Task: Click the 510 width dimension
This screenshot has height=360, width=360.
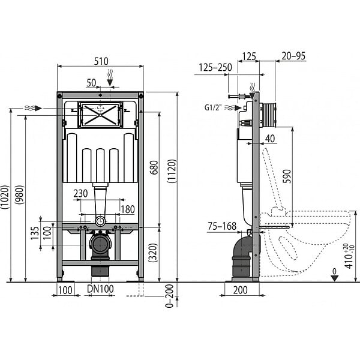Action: click(101, 61)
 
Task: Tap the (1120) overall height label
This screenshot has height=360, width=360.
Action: click(172, 171)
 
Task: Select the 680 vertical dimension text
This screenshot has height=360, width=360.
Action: click(155, 167)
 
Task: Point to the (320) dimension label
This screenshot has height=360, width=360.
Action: click(153, 253)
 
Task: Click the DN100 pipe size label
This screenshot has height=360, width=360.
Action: click(100, 289)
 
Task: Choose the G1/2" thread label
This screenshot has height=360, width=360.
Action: click(213, 107)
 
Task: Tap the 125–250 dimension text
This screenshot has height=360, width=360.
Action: click(215, 67)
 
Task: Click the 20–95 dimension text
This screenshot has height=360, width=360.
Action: click(293, 56)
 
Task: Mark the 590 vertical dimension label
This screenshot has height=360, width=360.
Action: click(287, 176)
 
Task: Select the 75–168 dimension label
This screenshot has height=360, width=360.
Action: click(222, 226)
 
